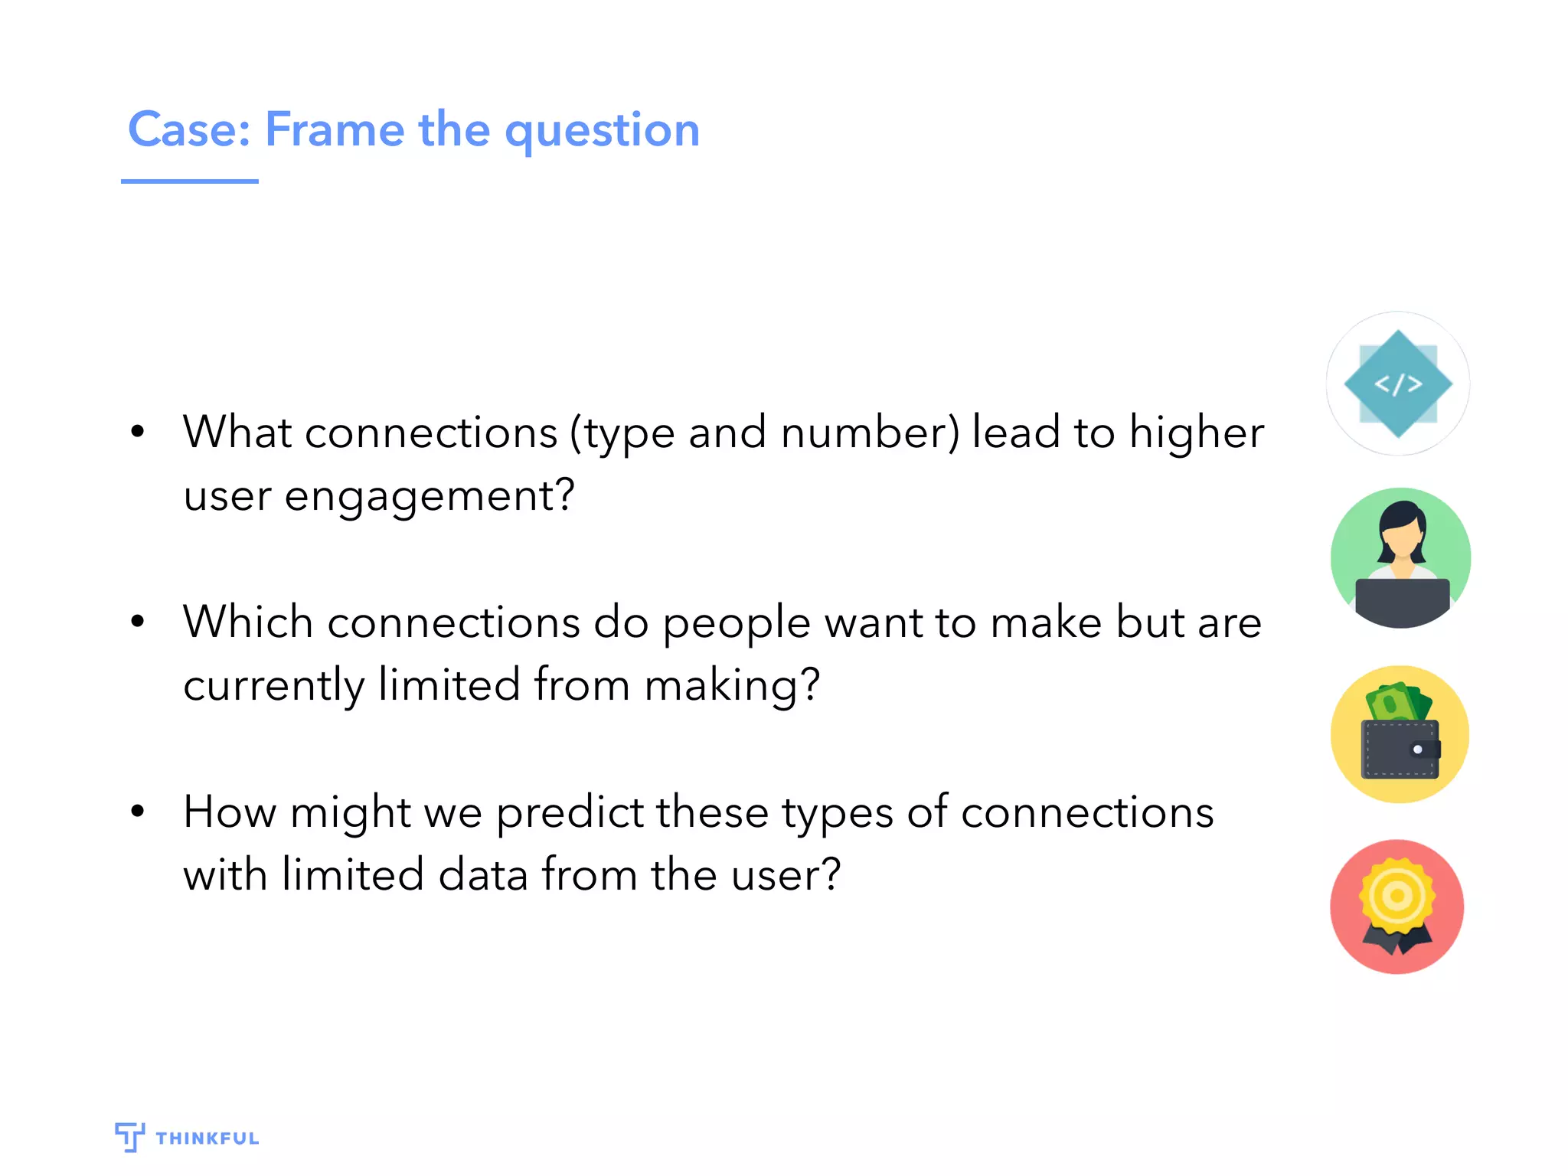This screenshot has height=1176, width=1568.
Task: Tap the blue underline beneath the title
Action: [189, 181]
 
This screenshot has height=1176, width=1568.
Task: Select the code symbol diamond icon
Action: [1398, 384]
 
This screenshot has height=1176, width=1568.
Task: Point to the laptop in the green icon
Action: [1402, 600]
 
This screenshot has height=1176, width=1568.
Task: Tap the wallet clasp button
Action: [1417, 750]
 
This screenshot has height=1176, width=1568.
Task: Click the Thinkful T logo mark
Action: [129, 1137]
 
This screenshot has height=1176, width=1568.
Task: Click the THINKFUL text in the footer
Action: [207, 1138]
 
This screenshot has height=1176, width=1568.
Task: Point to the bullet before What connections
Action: [138, 432]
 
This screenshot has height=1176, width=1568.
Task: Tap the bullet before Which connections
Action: [138, 621]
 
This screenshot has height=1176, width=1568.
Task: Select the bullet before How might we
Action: [138, 811]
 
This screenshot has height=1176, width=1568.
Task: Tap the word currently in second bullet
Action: [273, 685]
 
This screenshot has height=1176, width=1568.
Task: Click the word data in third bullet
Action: [483, 875]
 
